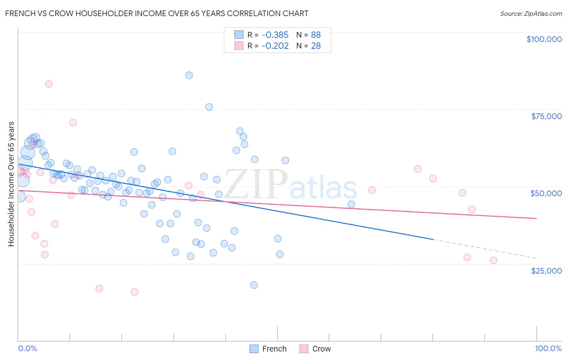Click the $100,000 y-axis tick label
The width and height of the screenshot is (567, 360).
[544, 39]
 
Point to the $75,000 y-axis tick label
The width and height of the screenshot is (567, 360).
[546, 116]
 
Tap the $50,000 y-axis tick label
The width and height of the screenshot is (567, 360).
[546, 193]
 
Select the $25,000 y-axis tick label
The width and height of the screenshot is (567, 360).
[546, 270]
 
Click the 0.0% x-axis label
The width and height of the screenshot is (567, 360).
[27, 348]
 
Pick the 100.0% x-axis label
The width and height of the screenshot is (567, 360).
[548, 348]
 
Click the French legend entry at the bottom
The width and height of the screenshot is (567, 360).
[268, 349]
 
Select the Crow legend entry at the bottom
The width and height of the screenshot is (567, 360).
[315, 349]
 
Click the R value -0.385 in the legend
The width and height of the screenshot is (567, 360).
[275, 35]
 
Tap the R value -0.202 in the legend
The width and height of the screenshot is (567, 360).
[275, 46]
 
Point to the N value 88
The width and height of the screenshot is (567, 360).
[316, 35]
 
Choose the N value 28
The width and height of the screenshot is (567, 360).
[316, 46]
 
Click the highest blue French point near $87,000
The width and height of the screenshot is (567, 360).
[189, 75]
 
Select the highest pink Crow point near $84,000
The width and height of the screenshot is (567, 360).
[49, 84]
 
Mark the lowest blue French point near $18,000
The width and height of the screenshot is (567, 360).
[254, 285]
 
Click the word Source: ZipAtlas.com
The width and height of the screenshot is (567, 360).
[531, 13]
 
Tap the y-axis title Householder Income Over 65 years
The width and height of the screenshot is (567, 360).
[11, 184]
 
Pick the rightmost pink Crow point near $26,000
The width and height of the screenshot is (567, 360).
[493, 260]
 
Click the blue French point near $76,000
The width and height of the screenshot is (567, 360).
[209, 107]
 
